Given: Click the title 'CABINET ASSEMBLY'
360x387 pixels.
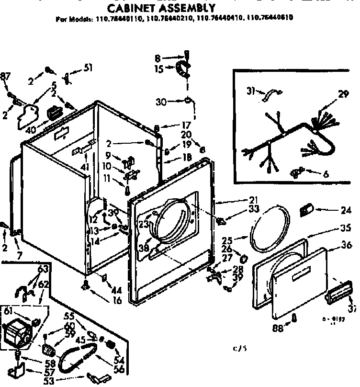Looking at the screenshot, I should [160, 8].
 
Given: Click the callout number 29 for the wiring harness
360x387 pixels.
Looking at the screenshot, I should [343, 95].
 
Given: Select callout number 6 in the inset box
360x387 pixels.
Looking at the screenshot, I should [326, 174].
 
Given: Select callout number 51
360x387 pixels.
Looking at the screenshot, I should [88, 68].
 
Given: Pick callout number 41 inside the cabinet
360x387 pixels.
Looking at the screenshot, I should [85, 167].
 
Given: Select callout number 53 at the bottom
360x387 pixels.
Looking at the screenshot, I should [61, 381].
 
